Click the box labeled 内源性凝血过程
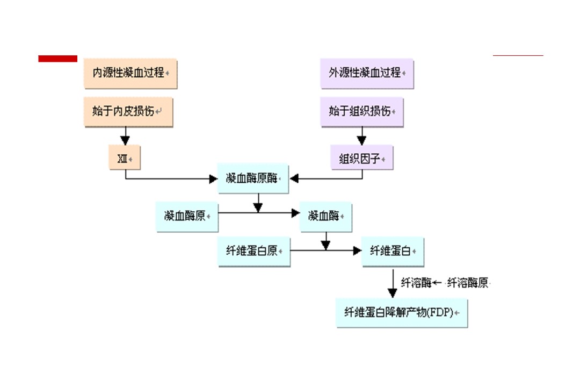130,73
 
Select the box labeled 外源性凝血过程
367,73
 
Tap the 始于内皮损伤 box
128,112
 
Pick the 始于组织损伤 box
361,112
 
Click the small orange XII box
124,158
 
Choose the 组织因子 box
361,158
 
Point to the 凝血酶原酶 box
253,178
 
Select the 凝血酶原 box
186,217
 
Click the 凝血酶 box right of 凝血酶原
325,217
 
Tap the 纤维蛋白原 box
253,251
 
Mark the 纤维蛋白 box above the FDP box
392,251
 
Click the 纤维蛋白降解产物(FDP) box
402,312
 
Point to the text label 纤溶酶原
468,283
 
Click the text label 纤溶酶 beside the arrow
416,283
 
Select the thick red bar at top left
57,59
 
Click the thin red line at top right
518,55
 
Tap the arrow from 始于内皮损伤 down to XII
126,135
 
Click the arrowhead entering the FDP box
393,293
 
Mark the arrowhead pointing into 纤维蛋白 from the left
357,250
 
